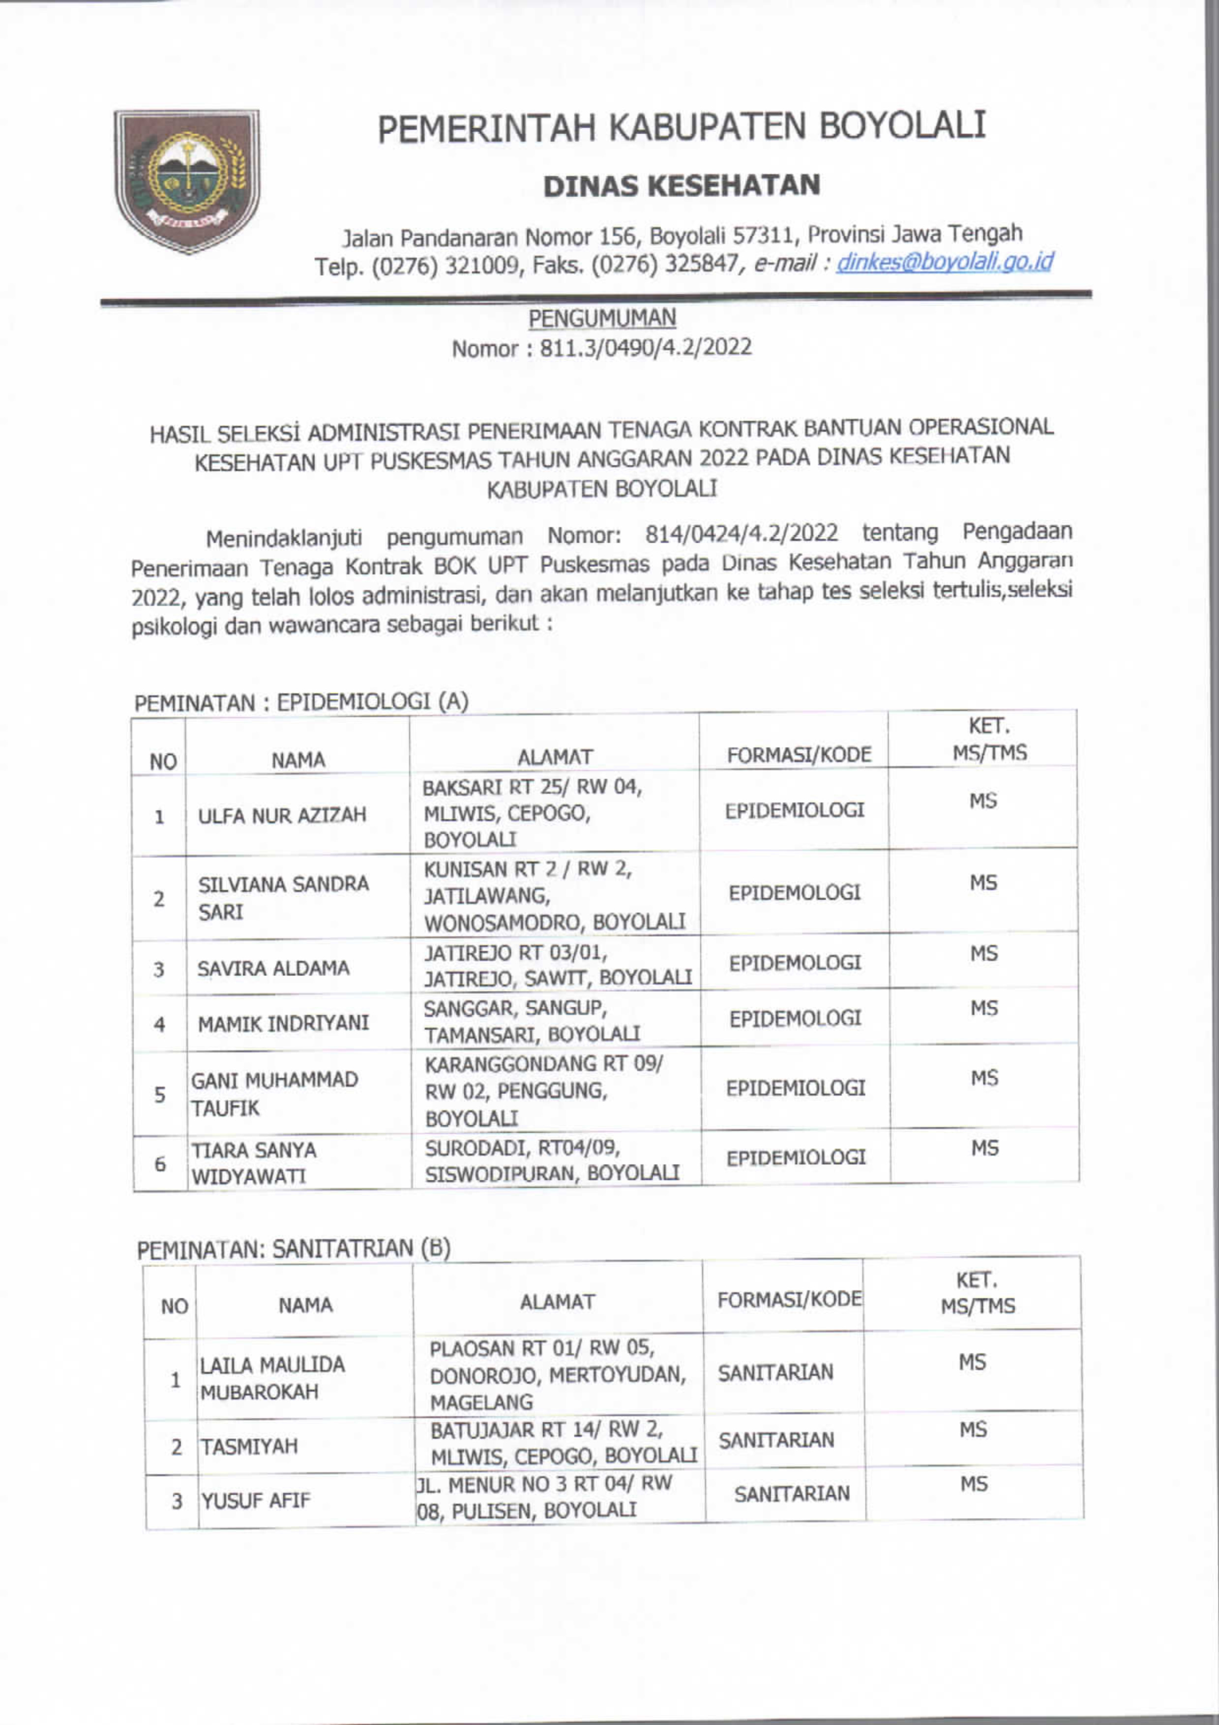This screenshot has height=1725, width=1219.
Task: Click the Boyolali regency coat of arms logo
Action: pyautogui.click(x=187, y=180)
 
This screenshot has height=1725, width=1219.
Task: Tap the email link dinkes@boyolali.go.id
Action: pyautogui.click(x=944, y=262)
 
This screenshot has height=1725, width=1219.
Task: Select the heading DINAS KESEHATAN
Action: pyautogui.click(x=681, y=185)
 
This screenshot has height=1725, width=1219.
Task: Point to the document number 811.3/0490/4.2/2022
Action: pyautogui.click(x=645, y=348)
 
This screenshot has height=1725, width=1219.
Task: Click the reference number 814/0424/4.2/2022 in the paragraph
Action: pyautogui.click(x=742, y=534)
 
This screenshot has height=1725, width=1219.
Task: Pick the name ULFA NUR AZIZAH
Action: pyautogui.click(x=282, y=815)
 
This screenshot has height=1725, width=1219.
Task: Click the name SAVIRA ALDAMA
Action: pyautogui.click(x=273, y=968)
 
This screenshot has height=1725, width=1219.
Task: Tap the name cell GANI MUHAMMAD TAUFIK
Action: pyautogui.click(x=274, y=1094)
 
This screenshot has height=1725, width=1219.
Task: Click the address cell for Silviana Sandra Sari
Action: pyautogui.click(x=554, y=895)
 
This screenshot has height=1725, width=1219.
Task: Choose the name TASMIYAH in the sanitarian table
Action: pyautogui.click(x=249, y=1446)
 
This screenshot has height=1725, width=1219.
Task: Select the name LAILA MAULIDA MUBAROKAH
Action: pyautogui.click(x=272, y=1379)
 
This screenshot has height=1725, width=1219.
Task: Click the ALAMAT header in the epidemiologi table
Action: pyautogui.click(x=554, y=757)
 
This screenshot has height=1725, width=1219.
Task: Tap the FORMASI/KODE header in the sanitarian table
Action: pyautogui.click(x=789, y=1300)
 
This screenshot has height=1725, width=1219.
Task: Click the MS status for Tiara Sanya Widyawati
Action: pyautogui.click(x=984, y=1148)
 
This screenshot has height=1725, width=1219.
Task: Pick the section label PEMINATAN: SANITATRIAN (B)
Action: pyautogui.click(x=294, y=1248)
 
